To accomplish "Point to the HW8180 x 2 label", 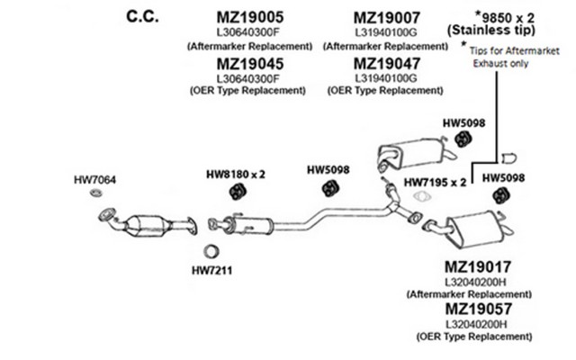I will (x=236, y=174).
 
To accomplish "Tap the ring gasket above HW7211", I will (x=213, y=251).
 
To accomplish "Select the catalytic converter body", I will (x=148, y=223).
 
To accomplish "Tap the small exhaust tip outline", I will (x=510, y=153).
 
